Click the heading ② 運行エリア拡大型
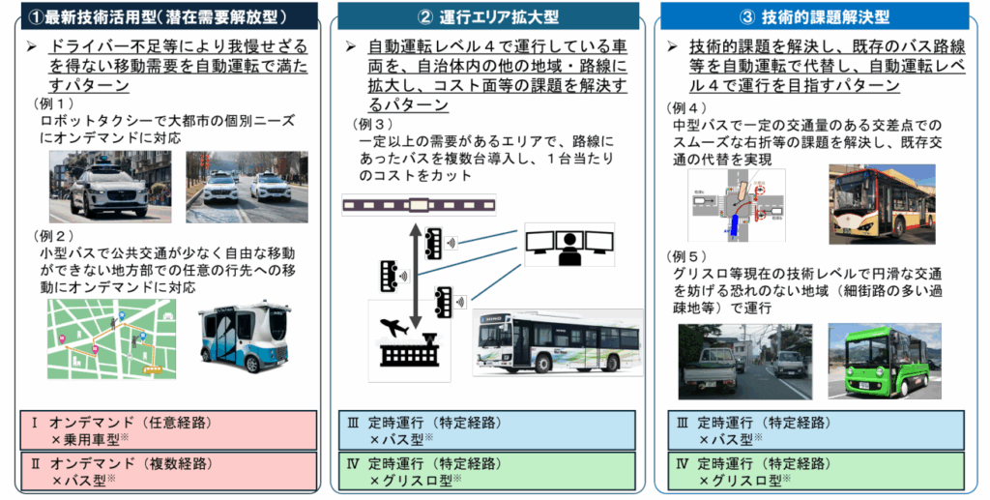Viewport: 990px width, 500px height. click(487, 17)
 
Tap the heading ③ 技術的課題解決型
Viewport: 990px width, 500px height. click(814, 17)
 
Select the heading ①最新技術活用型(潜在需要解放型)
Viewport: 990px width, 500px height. click(162, 17)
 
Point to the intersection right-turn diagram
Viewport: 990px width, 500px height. click(736, 206)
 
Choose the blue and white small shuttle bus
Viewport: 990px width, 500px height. click(245, 338)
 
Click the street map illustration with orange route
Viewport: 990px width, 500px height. click(112, 338)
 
